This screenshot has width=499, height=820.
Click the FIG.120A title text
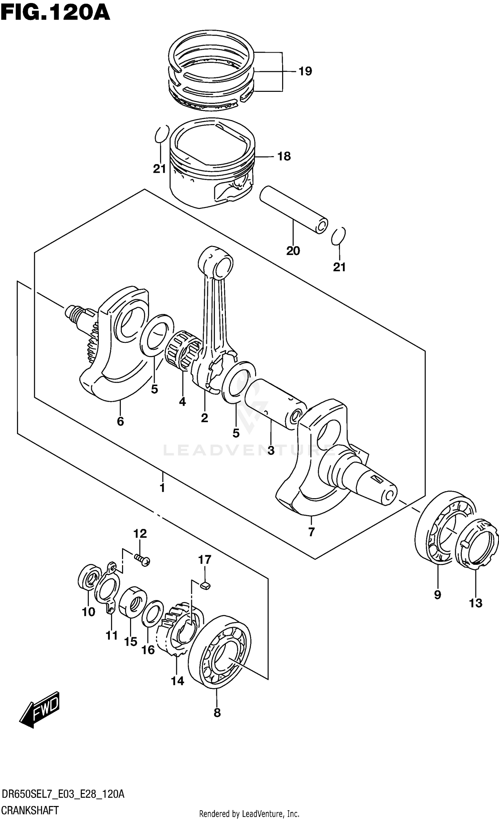(55, 14)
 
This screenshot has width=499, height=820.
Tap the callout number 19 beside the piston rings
(305, 71)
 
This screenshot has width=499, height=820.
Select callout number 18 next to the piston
(284, 156)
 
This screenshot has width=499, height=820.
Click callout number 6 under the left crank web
(120, 421)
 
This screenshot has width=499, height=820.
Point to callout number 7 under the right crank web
(311, 532)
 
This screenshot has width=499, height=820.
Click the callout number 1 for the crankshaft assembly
(162, 488)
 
